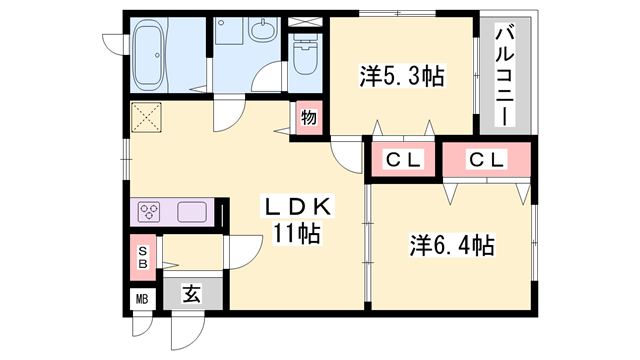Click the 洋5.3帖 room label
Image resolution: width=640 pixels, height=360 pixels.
coord(401,75)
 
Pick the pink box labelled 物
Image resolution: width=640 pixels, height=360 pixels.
coord(309,117)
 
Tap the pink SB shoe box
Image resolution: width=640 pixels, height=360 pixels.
coord(143,256)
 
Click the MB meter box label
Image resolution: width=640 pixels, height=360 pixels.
coord(142,298)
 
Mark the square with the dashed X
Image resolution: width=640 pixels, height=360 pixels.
coord(149,119)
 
